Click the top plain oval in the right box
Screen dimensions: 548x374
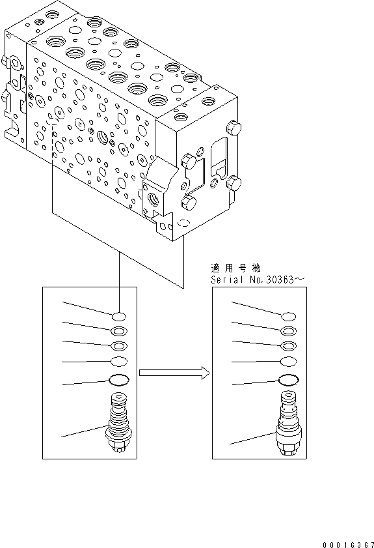pyautogui.click(x=289, y=316)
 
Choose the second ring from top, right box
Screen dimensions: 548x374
pyautogui.click(x=289, y=331)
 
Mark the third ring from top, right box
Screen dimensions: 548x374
pyautogui.click(x=289, y=346)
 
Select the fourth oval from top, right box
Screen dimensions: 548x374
pyautogui.click(x=289, y=362)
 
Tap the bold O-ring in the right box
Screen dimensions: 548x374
pyautogui.click(x=289, y=381)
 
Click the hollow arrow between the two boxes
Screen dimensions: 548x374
pyautogui.click(x=174, y=373)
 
